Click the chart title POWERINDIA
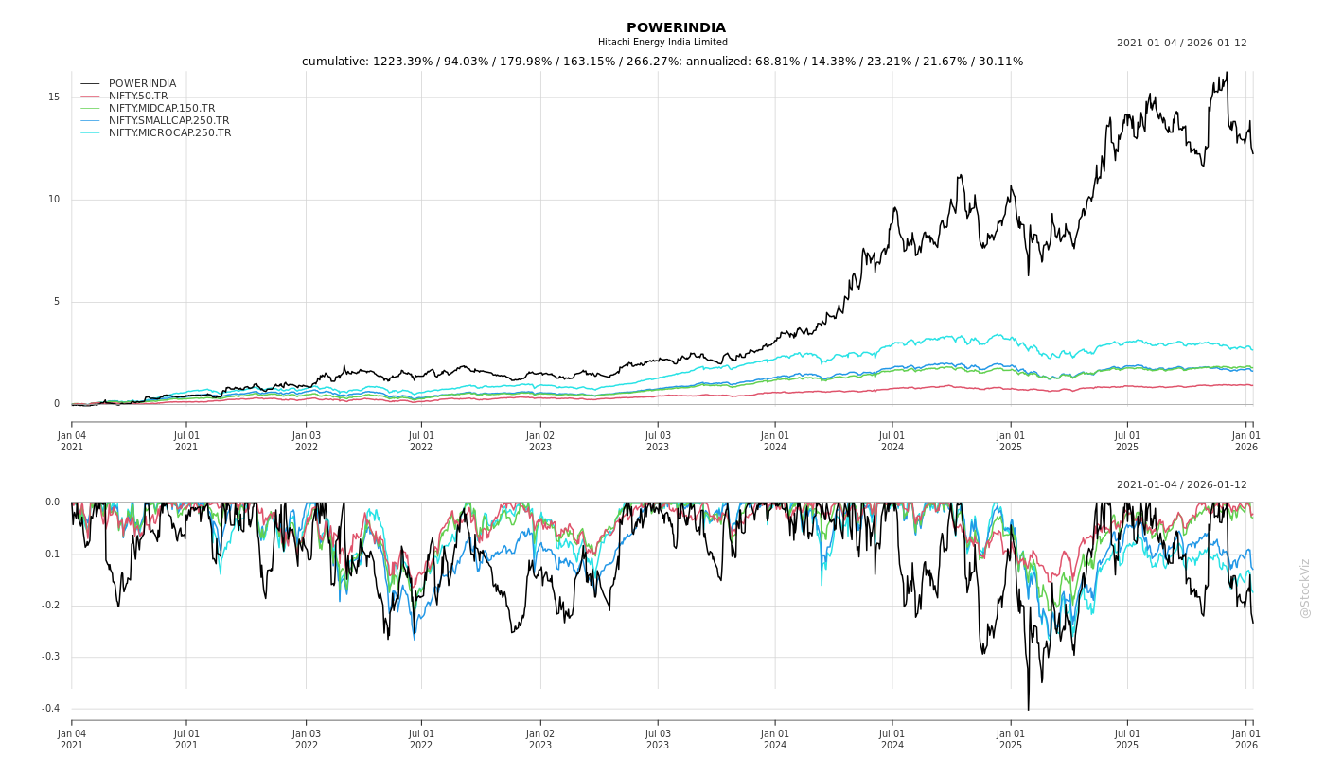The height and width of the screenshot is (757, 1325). tap(676, 27)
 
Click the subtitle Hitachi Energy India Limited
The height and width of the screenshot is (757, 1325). tap(662, 43)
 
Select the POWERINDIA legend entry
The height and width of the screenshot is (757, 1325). tap(142, 84)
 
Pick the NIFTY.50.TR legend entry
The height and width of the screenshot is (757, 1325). tap(138, 97)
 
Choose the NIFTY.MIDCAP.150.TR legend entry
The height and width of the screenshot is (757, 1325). tap(161, 109)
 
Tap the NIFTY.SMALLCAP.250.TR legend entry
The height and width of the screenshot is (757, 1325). tap(168, 121)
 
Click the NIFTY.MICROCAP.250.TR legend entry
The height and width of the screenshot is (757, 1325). tap(169, 133)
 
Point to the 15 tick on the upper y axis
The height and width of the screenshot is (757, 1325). tap(54, 97)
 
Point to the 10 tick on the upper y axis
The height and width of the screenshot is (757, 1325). tap(54, 200)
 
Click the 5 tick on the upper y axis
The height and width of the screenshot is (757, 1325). tap(57, 302)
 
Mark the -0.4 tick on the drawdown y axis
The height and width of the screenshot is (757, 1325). tap(50, 709)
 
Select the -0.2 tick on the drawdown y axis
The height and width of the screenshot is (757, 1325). tap(50, 606)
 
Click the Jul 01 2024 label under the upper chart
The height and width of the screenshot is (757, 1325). tap(892, 441)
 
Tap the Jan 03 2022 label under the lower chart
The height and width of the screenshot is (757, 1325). tap(307, 739)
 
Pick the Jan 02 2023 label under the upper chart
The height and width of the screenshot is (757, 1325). tap(540, 441)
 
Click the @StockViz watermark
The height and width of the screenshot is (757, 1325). tap(1305, 588)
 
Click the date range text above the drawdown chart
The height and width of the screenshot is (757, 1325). tap(1181, 485)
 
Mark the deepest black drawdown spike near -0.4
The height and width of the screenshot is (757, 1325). tap(1028, 708)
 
